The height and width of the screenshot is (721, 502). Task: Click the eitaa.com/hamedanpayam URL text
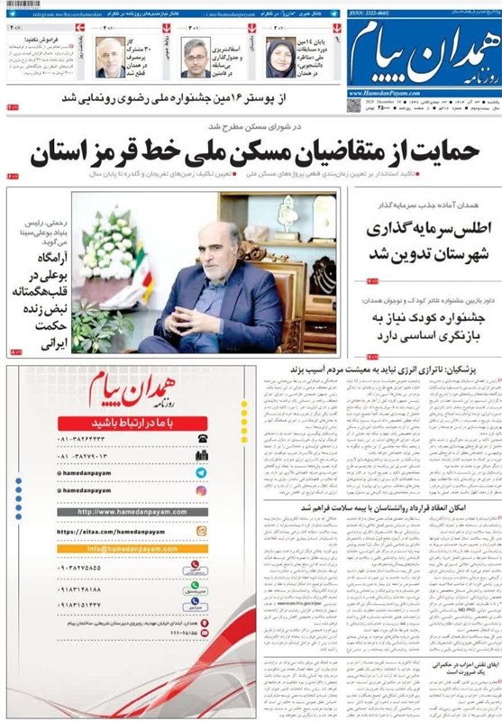pyautogui.click(x=108, y=532)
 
